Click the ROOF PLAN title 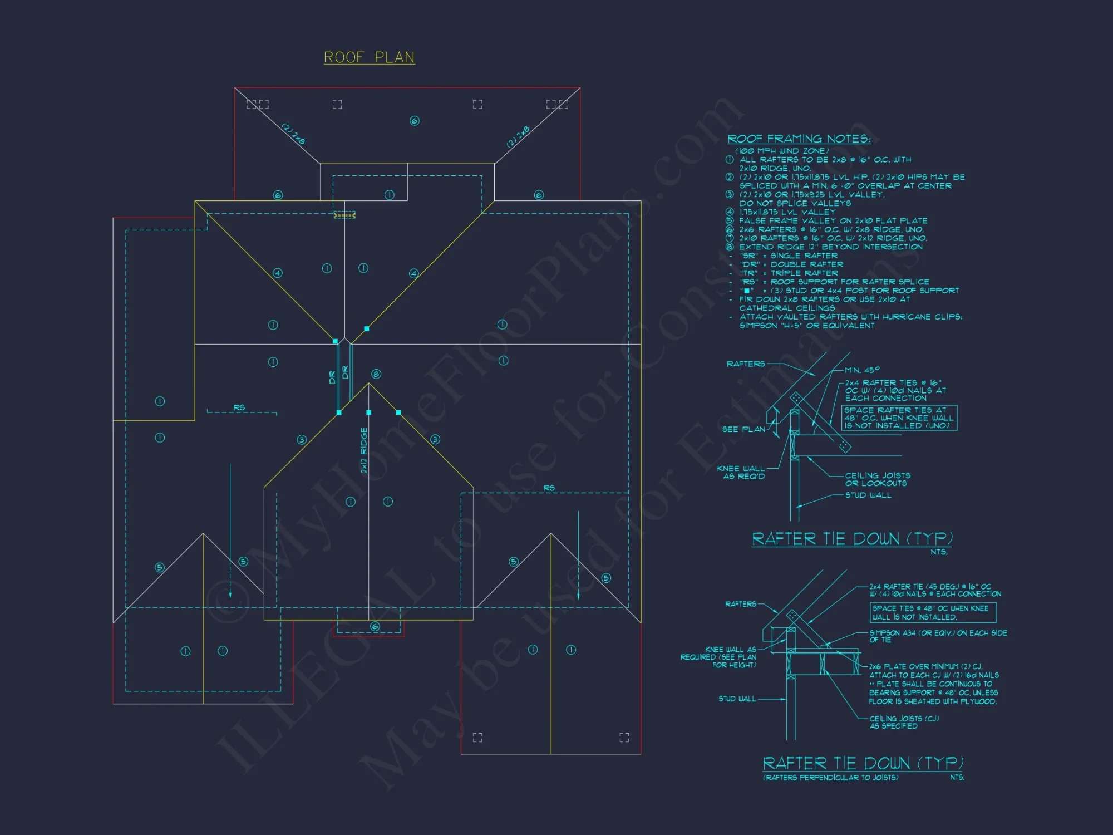coord(369,57)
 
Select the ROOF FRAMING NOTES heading coord(799,139)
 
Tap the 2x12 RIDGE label coord(364,450)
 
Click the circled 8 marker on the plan coord(376,374)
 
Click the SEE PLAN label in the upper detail coord(743,429)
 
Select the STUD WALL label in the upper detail coord(868,495)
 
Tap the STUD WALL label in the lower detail coord(737,699)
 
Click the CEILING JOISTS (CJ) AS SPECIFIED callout coord(904,722)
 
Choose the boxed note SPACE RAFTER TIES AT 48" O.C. coord(899,417)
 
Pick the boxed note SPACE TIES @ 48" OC coord(932,613)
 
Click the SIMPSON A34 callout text coord(938,636)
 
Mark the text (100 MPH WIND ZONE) coord(781,151)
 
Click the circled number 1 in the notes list coord(730,160)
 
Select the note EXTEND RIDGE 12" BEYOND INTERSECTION coord(830,247)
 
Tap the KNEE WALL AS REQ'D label coord(741,473)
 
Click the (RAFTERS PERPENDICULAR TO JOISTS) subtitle coord(830,778)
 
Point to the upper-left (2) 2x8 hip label coord(293,134)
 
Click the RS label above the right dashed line coord(549,488)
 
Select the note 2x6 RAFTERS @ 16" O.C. coord(831,229)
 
